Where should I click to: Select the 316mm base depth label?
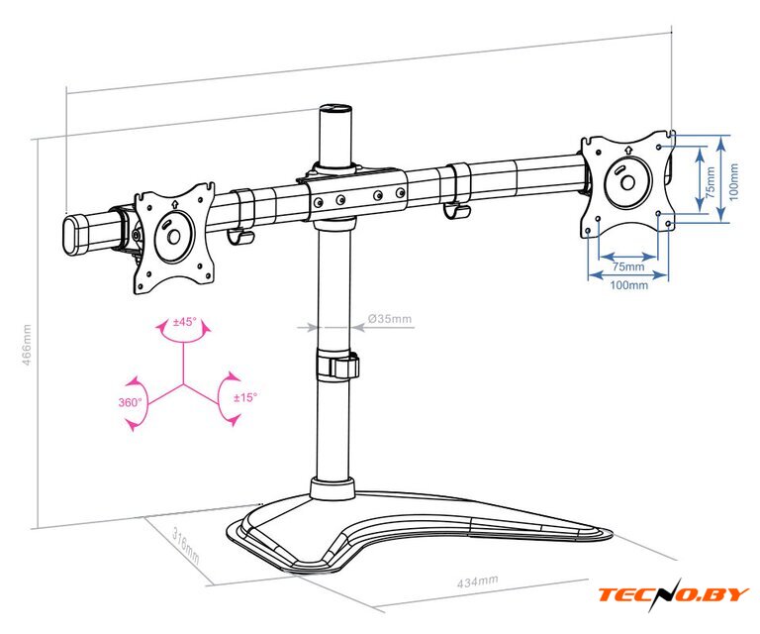[x=185, y=547]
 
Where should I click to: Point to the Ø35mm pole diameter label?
[x=389, y=319]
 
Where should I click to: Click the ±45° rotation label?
[x=184, y=322]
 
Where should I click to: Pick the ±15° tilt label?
[x=244, y=396]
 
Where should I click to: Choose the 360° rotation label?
[x=131, y=402]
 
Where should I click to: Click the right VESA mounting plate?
[x=625, y=182]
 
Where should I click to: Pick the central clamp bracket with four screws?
[x=356, y=195]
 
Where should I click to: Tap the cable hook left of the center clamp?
[x=242, y=216]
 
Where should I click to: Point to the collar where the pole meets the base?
[x=332, y=487]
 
